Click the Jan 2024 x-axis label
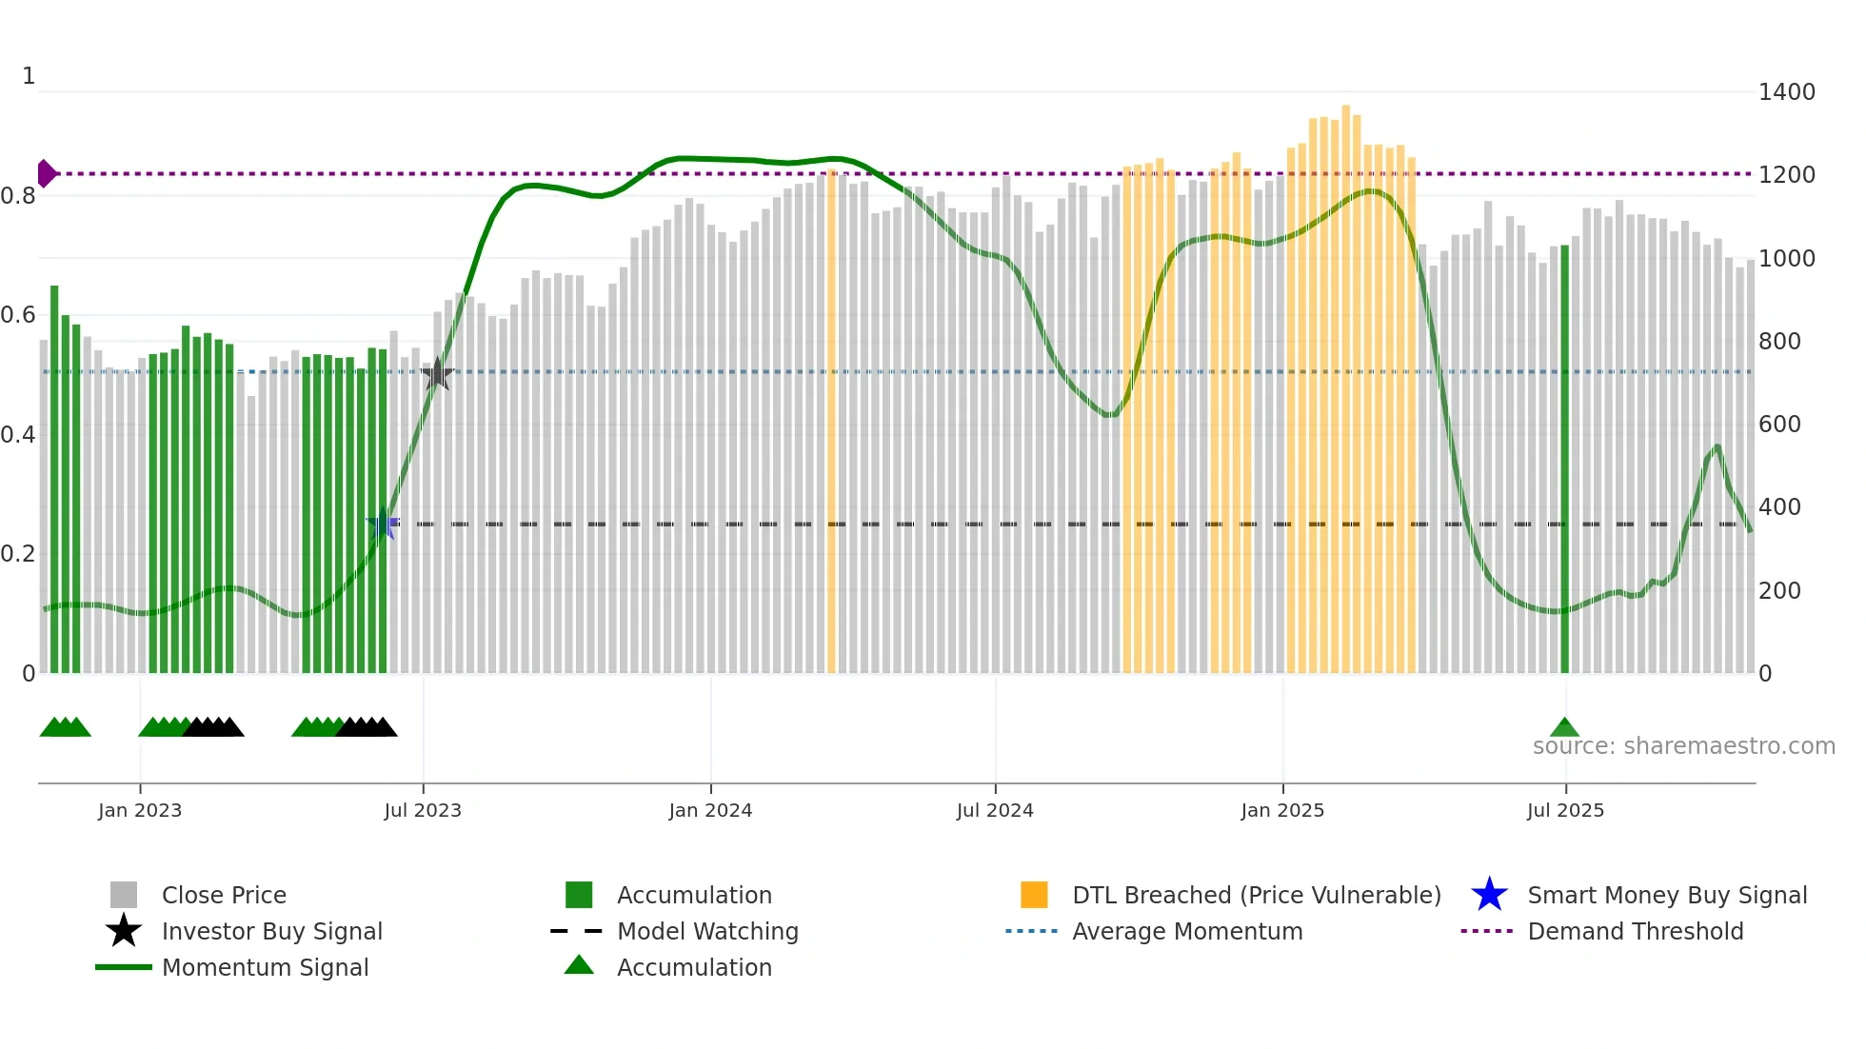click(x=710, y=810)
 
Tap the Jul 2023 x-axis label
click(x=423, y=810)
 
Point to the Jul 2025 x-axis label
click(x=1565, y=810)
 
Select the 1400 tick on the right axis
click(x=1786, y=92)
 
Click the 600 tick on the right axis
click(x=1779, y=425)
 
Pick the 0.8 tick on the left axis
click(x=18, y=196)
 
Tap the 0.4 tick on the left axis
click(x=18, y=435)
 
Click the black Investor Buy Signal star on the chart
click(x=437, y=374)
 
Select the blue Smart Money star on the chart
click(x=383, y=524)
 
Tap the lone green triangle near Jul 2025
click(x=1564, y=728)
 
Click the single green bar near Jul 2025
click(x=1564, y=457)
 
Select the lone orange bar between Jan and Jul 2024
click(x=831, y=419)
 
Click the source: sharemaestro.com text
click(x=1683, y=746)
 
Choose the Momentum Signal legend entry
click(x=265, y=967)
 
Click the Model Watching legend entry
click(x=707, y=931)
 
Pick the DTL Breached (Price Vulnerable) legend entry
click(x=1256, y=895)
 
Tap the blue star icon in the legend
click(x=1489, y=895)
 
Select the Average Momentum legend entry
click(x=1186, y=931)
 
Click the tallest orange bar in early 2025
click(x=1345, y=381)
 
